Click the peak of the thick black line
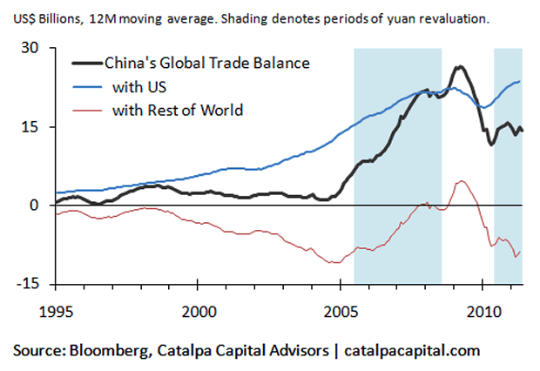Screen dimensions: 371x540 click(459, 67)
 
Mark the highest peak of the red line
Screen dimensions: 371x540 click(461, 181)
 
